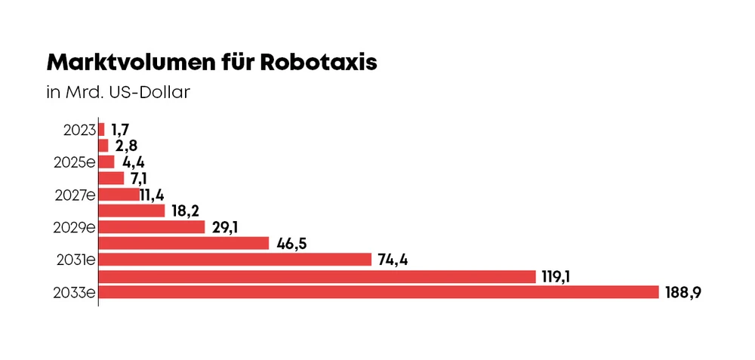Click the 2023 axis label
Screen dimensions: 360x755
point(79,129)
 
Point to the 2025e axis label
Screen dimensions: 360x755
point(74,162)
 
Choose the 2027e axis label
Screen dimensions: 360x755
point(74,195)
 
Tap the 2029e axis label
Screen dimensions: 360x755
point(74,227)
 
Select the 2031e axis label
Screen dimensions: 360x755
point(75,260)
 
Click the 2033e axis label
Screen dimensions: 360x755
point(74,292)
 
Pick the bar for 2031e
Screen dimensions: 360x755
point(235,260)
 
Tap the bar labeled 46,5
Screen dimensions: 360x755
point(183,243)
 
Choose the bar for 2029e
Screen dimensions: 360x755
point(152,227)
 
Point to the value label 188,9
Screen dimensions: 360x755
point(684,293)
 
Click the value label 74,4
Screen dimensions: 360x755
point(393,260)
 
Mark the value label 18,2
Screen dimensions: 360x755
point(185,211)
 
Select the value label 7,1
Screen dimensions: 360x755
point(141,179)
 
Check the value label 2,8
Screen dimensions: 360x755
point(126,146)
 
